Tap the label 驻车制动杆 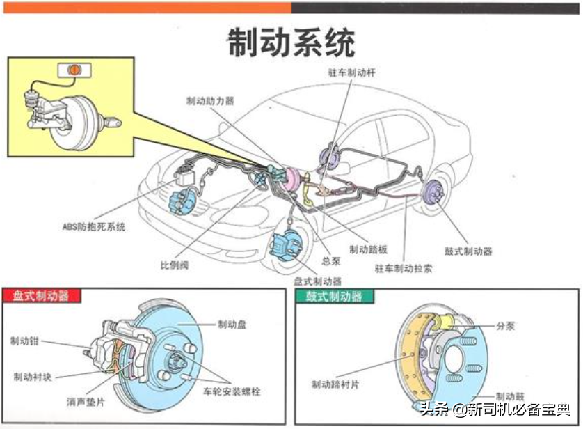point(352,73)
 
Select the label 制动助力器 point(210,100)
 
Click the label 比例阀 point(174,265)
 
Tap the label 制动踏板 point(369,250)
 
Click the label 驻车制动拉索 point(403,267)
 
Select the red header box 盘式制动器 point(41,296)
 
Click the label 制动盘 point(232,325)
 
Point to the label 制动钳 point(24,341)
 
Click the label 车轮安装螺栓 point(232,392)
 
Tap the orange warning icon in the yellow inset point(73,70)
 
